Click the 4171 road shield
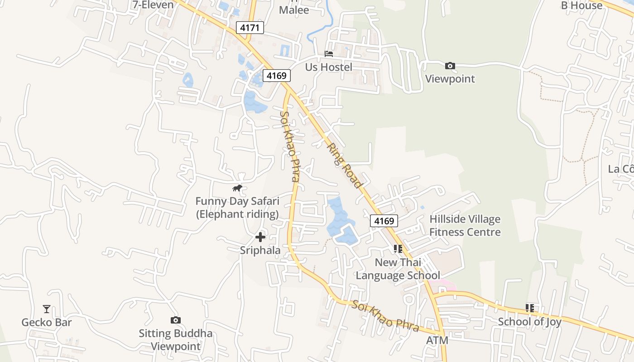(x=250, y=28)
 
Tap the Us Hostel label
(x=328, y=67)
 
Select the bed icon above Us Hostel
(x=329, y=54)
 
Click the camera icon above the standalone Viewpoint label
(x=450, y=66)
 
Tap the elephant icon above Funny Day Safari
(x=237, y=188)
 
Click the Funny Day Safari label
(x=237, y=207)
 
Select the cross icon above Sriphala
(x=260, y=237)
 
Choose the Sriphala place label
(x=260, y=250)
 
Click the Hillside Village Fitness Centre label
(x=465, y=226)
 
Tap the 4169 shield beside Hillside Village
(x=384, y=221)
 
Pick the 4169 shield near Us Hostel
(x=276, y=76)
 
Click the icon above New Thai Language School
(x=398, y=248)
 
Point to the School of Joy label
(x=529, y=322)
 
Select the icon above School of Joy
(x=530, y=308)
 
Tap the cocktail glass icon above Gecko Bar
(x=47, y=309)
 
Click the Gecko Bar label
(x=47, y=323)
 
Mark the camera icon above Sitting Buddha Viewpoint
(x=176, y=320)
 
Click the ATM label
(x=437, y=340)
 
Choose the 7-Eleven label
(x=153, y=5)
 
